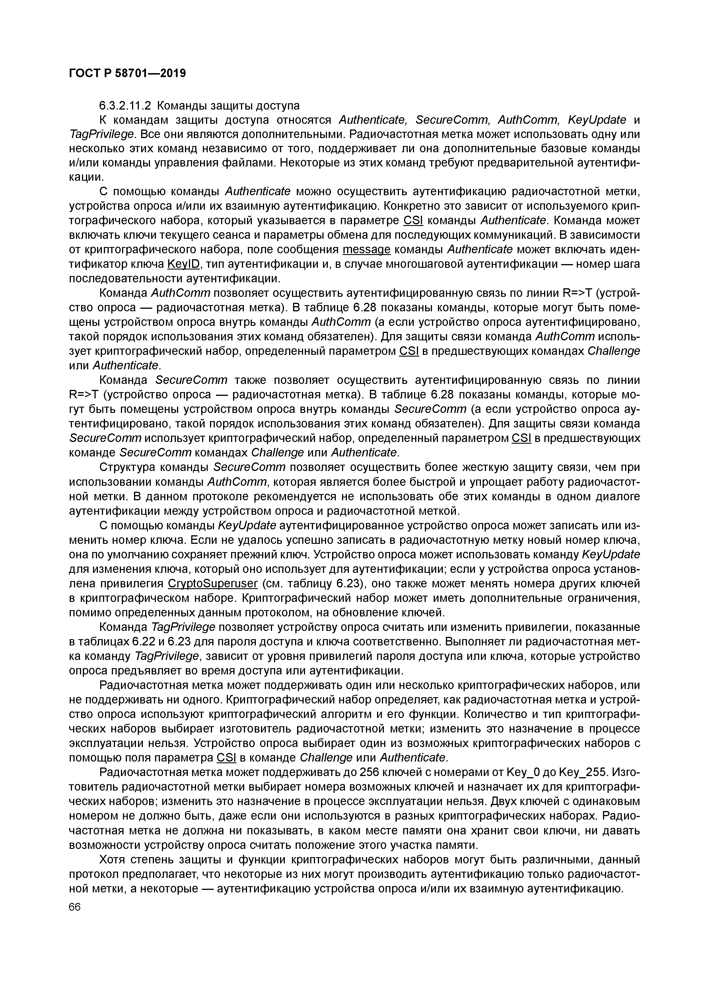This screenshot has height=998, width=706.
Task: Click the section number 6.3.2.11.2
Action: tap(125, 106)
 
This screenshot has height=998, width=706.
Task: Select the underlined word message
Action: tap(367, 250)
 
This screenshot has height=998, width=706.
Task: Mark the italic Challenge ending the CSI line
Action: tap(614, 351)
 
